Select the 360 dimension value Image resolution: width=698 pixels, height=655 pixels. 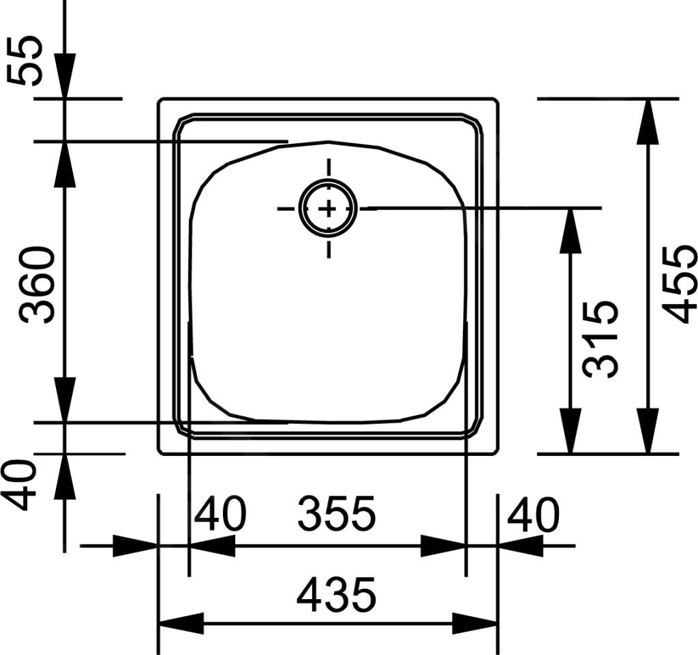(37, 285)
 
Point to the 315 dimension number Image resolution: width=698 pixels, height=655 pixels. (601, 338)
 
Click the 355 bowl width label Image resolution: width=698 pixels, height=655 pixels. (336, 515)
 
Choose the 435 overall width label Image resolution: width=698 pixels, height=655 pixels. (336, 594)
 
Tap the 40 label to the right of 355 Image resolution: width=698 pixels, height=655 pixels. (532, 515)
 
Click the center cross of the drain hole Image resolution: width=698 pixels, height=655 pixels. (329, 209)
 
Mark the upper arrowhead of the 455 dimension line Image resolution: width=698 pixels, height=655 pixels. (648, 121)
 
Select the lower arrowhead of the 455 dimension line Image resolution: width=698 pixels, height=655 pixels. (648, 430)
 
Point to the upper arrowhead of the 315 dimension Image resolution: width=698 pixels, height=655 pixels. (570, 230)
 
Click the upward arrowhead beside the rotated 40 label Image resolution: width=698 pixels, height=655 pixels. (65, 475)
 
